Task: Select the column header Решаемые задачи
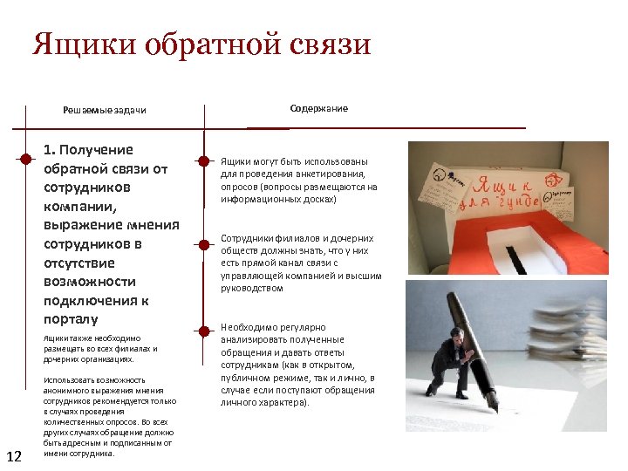coord(105,110)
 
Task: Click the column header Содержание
coord(318,108)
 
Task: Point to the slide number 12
coord(14,456)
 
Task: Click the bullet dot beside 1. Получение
coord(27,158)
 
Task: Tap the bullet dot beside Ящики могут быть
coord(203,161)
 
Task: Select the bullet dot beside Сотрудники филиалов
coord(203,243)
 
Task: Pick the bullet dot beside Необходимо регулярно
coord(203,331)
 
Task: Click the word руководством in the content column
coord(252,288)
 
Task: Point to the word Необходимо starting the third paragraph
coord(249,327)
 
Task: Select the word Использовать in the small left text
coord(69,380)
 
